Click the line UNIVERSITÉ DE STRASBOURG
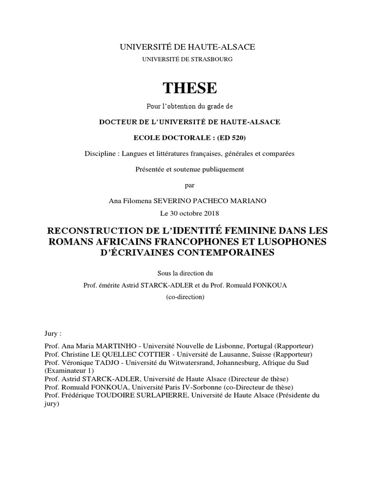(x=187, y=59)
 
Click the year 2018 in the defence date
(x=210, y=213)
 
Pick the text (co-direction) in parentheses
(x=187, y=297)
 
